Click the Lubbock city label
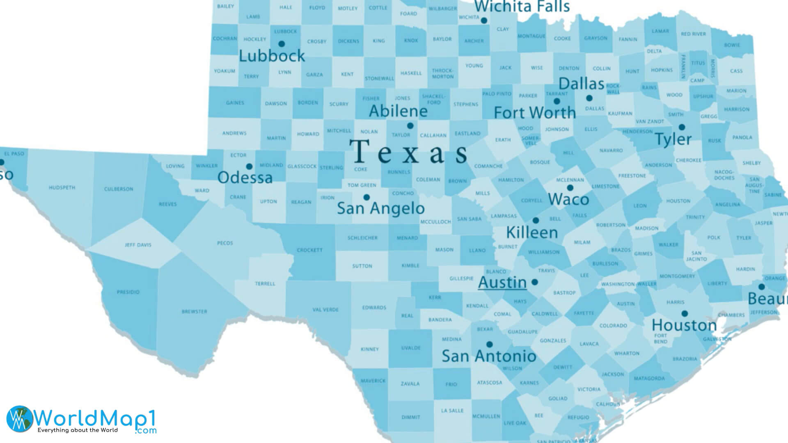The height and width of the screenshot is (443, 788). [272, 56]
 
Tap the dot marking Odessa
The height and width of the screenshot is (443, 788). [249, 167]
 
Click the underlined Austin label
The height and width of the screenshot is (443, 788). [502, 282]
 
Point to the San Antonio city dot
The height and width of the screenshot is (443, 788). [489, 345]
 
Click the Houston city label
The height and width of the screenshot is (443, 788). [684, 325]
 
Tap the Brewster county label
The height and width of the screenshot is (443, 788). [194, 312]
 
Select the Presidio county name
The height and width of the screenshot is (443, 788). [128, 292]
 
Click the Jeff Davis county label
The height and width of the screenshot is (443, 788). [138, 245]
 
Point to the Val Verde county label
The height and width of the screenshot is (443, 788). [325, 310]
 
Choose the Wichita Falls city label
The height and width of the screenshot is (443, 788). [522, 7]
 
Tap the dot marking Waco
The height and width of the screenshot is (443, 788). [570, 188]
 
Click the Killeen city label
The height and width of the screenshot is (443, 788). [532, 233]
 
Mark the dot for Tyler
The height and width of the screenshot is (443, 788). [682, 127]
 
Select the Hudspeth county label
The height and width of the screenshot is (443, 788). [62, 188]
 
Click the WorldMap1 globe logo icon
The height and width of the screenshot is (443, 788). [19, 419]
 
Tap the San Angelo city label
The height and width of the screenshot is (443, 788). [380, 208]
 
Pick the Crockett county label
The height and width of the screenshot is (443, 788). [309, 250]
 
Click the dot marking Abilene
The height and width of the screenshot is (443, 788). [410, 126]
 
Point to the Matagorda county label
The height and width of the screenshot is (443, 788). [649, 379]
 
